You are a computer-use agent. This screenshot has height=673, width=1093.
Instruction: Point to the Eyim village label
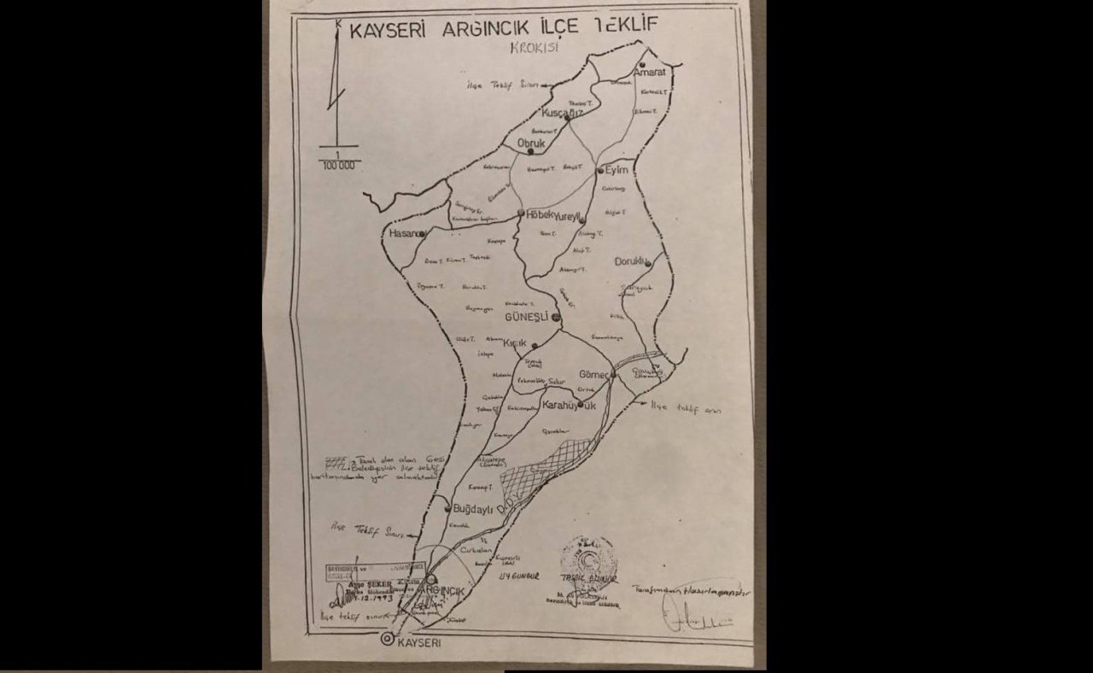[x=617, y=170]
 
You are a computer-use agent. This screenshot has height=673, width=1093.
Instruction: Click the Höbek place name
[x=537, y=214]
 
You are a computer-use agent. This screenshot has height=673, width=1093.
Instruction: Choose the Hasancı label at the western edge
[x=405, y=233]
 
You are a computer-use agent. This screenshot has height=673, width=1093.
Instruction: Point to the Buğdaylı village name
[x=474, y=506]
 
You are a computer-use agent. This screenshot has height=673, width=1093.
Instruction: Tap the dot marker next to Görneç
[x=613, y=374]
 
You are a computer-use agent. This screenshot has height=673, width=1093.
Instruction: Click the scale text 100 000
[x=339, y=166]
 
